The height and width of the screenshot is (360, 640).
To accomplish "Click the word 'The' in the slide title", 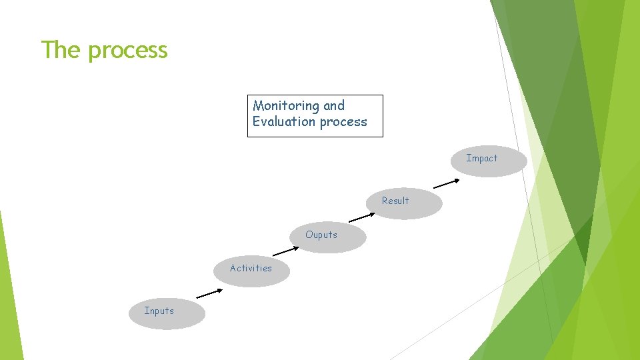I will coord(61,49).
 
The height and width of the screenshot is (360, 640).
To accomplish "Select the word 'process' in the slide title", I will coord(127,51).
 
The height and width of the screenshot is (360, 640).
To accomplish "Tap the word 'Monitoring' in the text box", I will coord(286,105).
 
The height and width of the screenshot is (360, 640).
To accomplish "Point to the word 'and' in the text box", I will coord(334,105).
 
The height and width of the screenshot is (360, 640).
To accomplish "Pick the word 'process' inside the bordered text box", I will coord(343,122).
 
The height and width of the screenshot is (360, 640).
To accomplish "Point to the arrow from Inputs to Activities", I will coord(209,293).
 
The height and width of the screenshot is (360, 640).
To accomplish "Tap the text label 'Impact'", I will coord(482,158).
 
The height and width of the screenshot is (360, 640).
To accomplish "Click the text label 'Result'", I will coord(395,201).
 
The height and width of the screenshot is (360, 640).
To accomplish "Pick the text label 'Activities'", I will coord(251,268).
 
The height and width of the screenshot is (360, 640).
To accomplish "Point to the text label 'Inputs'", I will coord(159,311).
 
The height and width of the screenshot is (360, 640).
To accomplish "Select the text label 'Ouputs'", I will coord(321,235).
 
